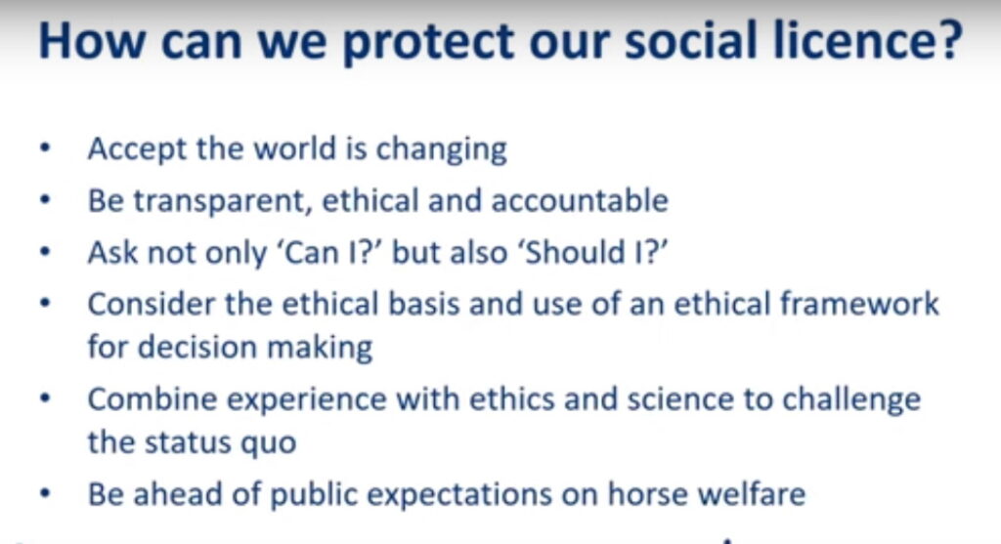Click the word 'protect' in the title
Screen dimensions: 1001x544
pos(428,42)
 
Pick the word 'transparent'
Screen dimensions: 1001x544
pos(222,201)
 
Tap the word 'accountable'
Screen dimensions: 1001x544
pos(580,200)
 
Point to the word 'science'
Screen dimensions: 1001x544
pos(680,399)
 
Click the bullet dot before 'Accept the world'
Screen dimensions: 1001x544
pos(45,148)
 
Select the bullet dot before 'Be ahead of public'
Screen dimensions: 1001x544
pos(45,493)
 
